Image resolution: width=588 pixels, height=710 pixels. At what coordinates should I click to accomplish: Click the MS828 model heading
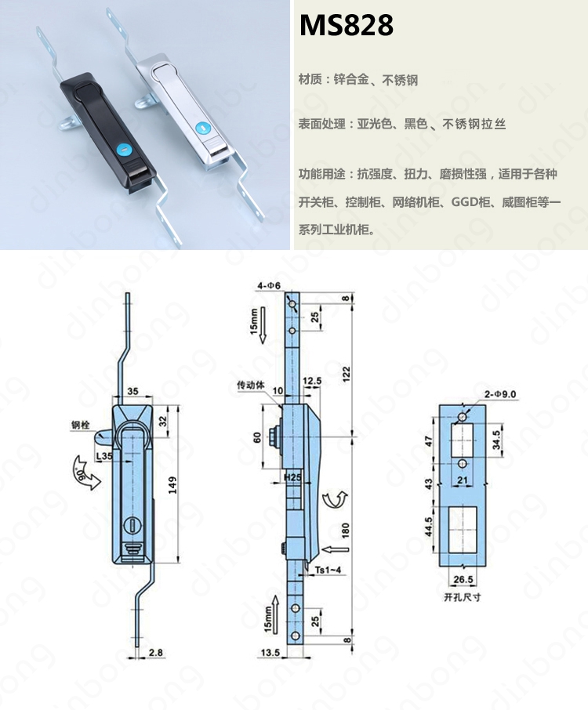click(346, 25)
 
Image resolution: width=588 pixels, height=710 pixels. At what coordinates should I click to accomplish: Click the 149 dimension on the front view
click(172, 484)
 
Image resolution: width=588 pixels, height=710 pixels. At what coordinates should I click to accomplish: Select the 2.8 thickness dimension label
click(155, 653)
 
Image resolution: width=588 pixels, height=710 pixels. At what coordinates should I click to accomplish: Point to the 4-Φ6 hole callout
click(269, 285)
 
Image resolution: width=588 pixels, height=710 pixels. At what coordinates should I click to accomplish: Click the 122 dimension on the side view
click(347, 375)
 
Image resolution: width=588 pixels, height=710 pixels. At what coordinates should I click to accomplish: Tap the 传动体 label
click(251, 385)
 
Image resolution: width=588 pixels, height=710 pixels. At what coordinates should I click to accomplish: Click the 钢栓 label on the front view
click(80, 425)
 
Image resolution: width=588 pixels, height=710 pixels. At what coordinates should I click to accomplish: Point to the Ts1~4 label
click(328, 570)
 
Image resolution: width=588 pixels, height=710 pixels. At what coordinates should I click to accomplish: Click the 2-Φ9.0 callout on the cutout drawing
click(500, 394)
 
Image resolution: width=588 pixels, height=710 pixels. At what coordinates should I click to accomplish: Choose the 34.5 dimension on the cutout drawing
click(496, 440)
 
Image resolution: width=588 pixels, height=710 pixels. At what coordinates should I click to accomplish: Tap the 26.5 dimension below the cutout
click(463, 580)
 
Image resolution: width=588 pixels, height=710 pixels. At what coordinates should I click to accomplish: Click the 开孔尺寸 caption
click(462, 597)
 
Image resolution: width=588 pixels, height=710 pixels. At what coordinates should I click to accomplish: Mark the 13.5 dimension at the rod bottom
click(270, 653)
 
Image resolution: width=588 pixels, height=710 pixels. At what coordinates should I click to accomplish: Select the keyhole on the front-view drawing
click(132, 525)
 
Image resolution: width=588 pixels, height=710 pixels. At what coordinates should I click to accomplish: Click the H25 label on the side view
click(292, 477)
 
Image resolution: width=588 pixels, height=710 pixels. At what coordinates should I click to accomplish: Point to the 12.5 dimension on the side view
click(312, 381)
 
